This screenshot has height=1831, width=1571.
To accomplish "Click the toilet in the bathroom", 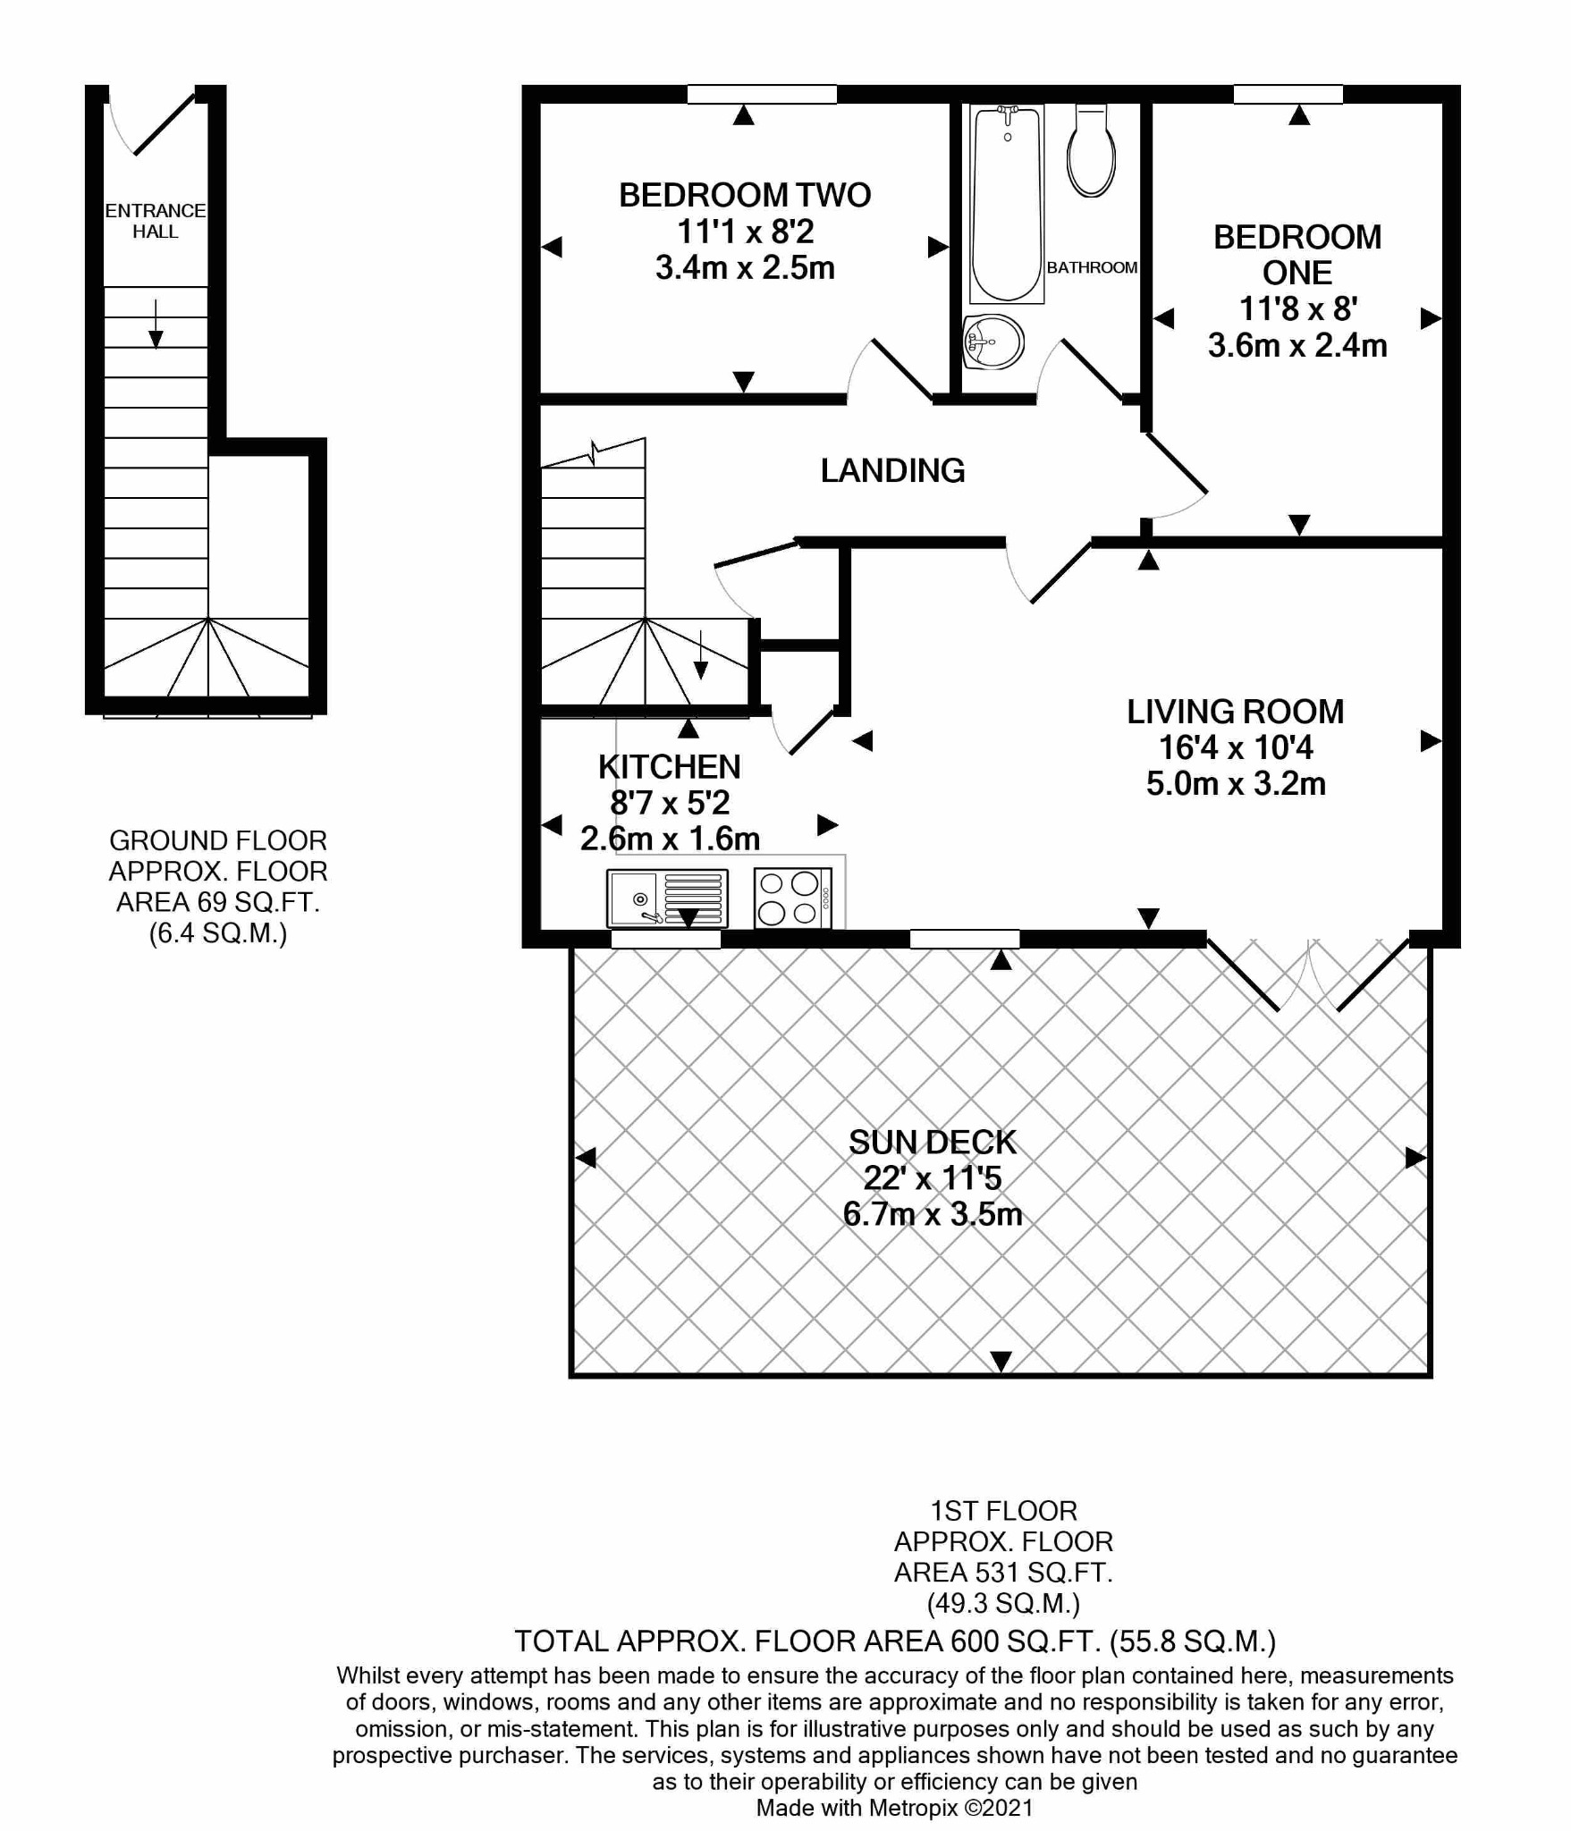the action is [x=1091, y=150].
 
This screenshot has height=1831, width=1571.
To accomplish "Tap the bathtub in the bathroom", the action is [x=1007, y=204].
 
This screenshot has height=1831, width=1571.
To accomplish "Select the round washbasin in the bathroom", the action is [x=993, y=342].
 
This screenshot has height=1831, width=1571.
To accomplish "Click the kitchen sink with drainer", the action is [x=667, y=899].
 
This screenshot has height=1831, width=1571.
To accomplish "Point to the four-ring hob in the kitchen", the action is [x=793, y=899].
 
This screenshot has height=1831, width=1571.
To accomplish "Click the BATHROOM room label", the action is [x=1092, y=267].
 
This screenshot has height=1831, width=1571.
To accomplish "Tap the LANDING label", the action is [x=892, y=470].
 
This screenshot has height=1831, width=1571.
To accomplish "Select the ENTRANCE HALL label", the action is [x=156, y=221].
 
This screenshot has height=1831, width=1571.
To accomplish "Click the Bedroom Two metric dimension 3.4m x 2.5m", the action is [x=745, y=267].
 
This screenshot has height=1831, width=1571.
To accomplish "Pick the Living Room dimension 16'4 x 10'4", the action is [x=1236, y=747].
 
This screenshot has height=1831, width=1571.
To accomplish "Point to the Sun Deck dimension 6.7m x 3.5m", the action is [x=933, y=1214].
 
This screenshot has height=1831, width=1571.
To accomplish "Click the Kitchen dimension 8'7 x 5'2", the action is [x=670, y=803].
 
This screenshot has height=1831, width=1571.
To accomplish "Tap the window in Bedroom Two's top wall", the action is [x=762, y=94].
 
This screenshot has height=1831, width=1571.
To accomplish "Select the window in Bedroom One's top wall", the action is [x=1288, y=94].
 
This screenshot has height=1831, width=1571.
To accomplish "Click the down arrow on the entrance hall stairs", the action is [x=156, y=324].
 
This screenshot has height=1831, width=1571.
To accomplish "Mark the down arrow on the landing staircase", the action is [x=701, y=654].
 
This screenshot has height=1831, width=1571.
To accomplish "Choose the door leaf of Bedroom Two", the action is [x=902, y=368].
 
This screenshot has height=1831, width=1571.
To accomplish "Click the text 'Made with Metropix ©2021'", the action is [x=895, y=1808].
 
